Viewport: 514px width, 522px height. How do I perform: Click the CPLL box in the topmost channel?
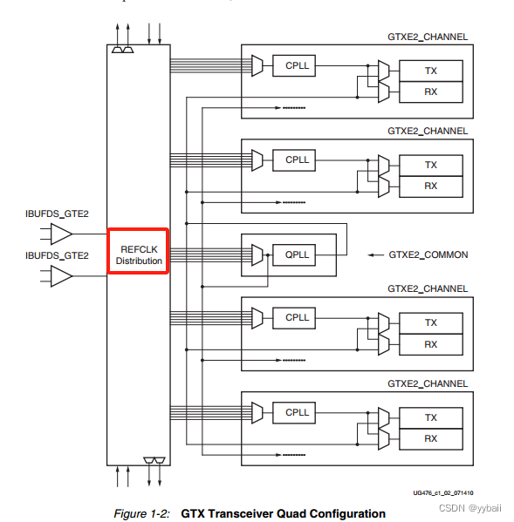[x=298, y=64]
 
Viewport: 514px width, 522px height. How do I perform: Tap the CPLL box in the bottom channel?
[x=298, y=411]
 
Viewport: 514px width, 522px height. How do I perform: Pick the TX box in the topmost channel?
[x=430, y=70]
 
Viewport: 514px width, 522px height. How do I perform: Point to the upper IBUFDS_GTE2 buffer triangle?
[x=61, y=234]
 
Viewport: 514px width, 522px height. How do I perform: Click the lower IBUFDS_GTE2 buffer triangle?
[x=61, y=276]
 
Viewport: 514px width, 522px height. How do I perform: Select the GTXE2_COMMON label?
[x=428, y=255]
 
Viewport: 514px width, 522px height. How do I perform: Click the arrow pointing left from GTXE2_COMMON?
[x=376, y=255]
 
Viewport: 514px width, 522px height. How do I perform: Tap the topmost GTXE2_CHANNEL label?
[x=428, y=37]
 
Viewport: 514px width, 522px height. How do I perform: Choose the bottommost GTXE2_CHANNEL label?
[x=428, y=383]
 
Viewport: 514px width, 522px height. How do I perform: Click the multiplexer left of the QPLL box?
[x=256, y=254]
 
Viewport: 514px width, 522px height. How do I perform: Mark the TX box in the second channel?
[x=430, y=165]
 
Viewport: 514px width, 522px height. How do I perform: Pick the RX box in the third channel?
[x=430, y=344]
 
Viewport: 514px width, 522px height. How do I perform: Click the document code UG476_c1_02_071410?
[x=449, y=492]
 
